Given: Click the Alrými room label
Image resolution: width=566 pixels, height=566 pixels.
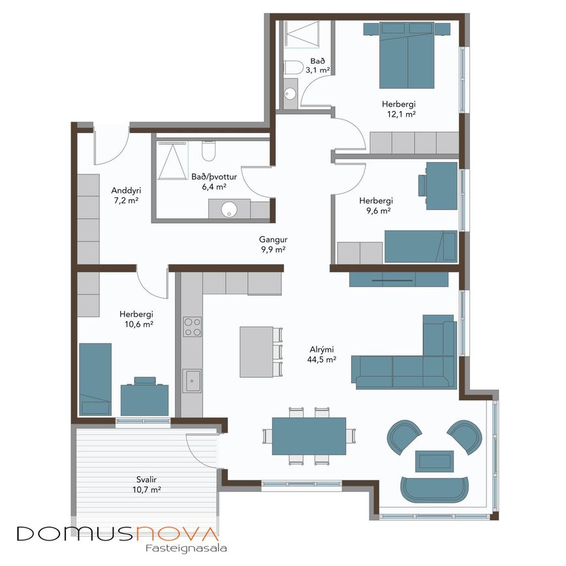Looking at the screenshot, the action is [322, 350].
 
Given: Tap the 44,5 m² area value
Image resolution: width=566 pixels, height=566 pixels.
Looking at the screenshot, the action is [322, 360].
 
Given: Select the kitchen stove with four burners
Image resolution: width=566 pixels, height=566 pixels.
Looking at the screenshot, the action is [192, 326].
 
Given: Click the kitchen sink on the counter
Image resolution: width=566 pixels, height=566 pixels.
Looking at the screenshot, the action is [192, 381].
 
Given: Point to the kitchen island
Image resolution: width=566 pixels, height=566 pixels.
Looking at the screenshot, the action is [257, 352].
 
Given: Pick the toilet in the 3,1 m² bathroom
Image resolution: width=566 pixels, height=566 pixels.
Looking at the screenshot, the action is [292, 67].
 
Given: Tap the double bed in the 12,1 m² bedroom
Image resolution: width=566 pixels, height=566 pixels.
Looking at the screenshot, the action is [407, 55].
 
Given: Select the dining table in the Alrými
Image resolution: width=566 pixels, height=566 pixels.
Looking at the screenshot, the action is [309, 436].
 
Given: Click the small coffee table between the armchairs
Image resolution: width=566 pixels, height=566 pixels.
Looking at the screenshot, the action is [434, 461].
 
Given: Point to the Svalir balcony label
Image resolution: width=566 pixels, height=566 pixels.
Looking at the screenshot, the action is [146, 480].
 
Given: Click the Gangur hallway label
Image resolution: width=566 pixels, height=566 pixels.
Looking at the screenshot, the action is [274, 240].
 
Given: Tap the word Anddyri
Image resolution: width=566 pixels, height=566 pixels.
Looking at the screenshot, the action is [126, 191].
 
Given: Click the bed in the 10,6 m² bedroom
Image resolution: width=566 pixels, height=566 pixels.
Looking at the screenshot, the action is [95, 379].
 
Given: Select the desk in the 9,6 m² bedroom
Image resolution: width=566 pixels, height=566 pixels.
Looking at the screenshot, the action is [442, 186].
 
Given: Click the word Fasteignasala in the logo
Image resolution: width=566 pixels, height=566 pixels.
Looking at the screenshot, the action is [186, 548].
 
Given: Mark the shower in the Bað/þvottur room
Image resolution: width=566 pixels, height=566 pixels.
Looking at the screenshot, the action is [173, 161].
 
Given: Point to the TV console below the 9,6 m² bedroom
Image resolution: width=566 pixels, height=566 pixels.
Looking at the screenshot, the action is [399, 279].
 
